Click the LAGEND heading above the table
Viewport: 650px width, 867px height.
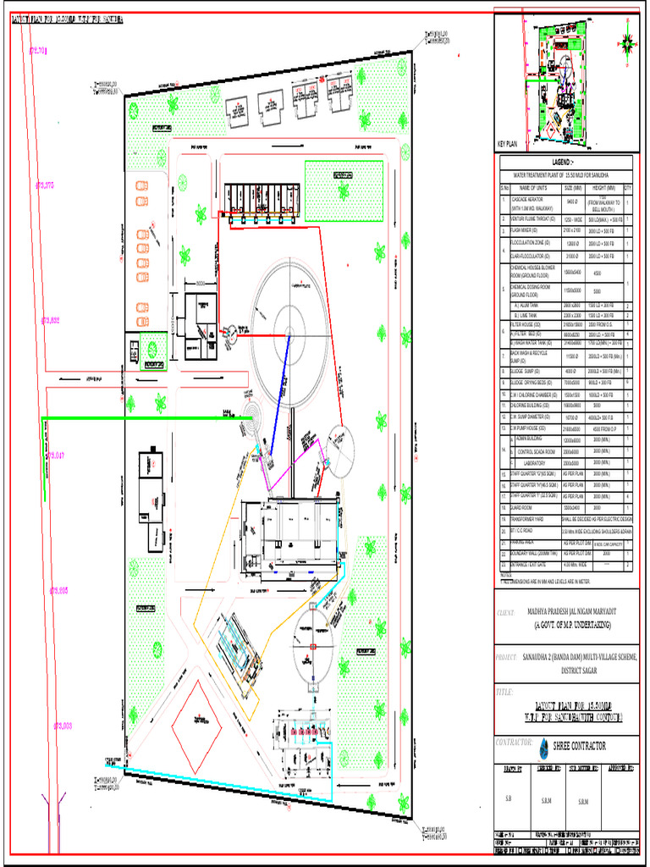pyautogui.click(x=564, y=162)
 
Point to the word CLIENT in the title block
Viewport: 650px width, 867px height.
pyautogui.click(x=505, y=611)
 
